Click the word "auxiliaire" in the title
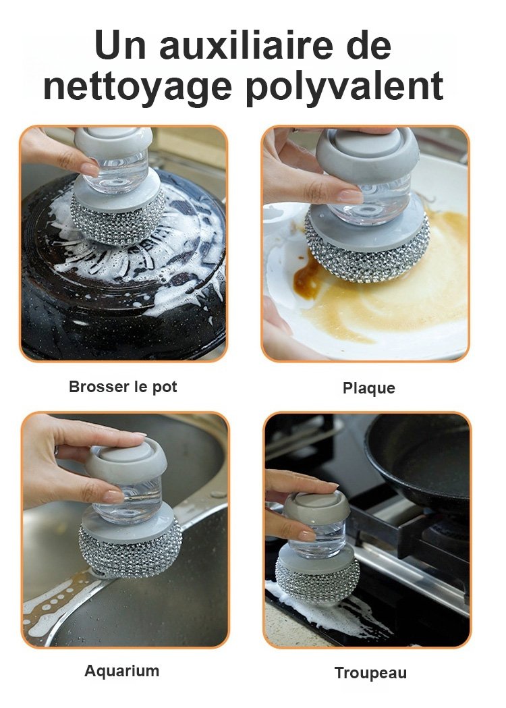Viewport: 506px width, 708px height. click(246, 45)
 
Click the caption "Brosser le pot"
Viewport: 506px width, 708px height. click(123, 387)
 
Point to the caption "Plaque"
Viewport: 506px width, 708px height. click(369, 388)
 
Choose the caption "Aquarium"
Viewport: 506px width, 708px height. click(122, 671)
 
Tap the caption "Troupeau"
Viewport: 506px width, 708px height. click(370, 673)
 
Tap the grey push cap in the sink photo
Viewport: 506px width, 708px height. click(126, 460)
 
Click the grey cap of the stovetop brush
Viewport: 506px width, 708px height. click(317, 506)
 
